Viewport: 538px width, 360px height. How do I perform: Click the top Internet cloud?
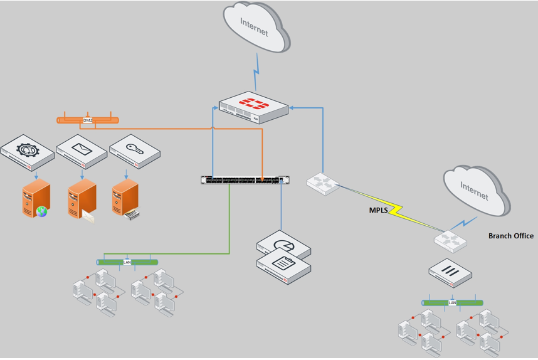[x=255, y=28]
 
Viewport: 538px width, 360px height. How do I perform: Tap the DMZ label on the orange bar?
[x=88, y=120]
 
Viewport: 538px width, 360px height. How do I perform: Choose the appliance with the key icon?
[x=135, y=151]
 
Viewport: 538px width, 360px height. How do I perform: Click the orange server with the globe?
[x=35, y=198]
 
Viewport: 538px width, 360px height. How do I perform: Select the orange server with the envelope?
[x=82, y=199]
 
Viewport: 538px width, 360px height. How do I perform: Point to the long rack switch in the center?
[x=245, y=180]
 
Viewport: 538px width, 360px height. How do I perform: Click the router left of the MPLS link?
[x=322, y=184]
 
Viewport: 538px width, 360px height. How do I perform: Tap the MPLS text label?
[x=379, y=211]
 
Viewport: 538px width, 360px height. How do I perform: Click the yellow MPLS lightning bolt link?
[x=401, y=210]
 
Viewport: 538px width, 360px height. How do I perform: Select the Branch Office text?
[x=510, y=236]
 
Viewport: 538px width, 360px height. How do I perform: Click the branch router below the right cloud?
[x=451, y=241]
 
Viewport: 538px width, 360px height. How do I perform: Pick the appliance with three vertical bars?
[x=450, y=272]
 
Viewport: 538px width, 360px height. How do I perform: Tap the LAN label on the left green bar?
[x=127, y=262]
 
